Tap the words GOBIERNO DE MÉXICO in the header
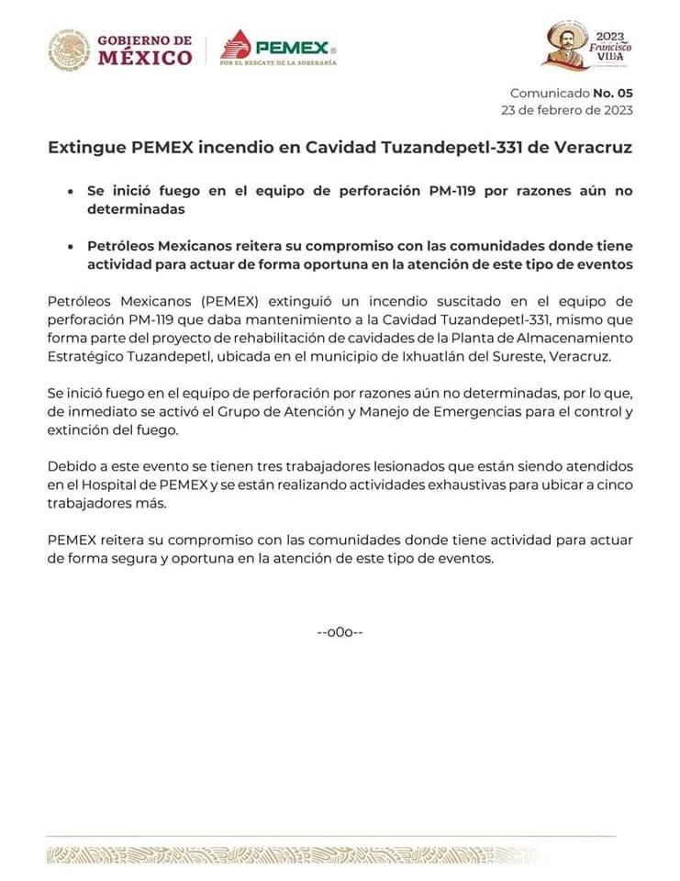tap(144, 50)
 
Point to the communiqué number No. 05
tap(612, 93)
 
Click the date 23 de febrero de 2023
tap(566, 109)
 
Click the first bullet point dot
tap(71, 193)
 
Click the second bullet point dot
tap(71, 248)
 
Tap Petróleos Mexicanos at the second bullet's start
tap(162, 247)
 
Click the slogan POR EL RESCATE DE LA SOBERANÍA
tap(278, 63)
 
